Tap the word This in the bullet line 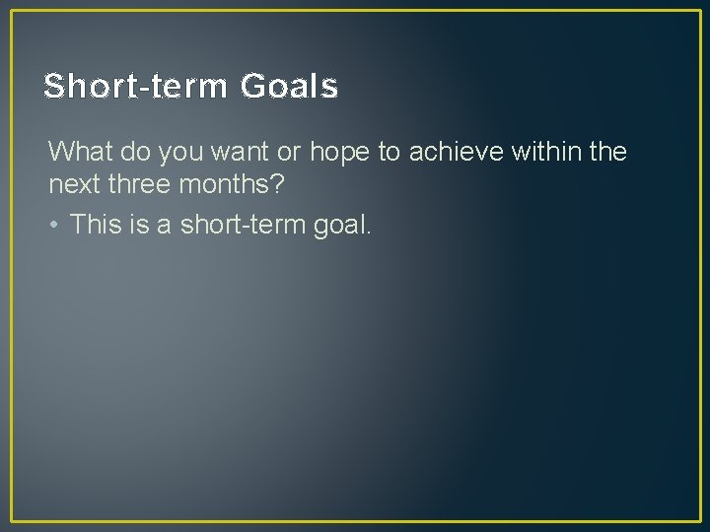[x=95, y=225]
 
